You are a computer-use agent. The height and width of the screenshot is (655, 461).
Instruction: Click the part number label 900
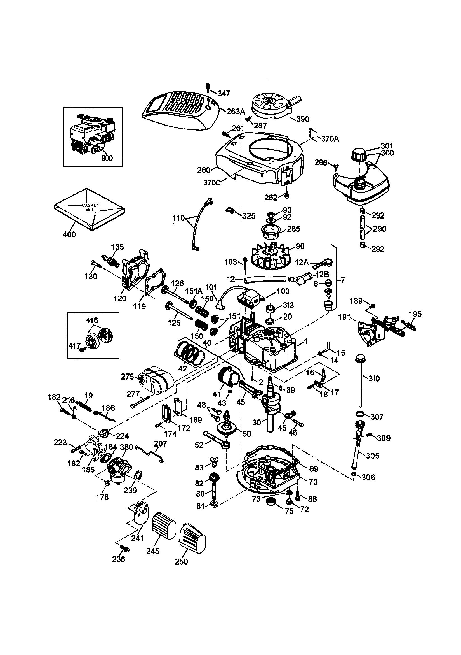pyautogui.click(x=107, y=158)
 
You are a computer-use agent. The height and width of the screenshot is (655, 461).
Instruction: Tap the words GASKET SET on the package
pyautogui.click(x=90, y=207)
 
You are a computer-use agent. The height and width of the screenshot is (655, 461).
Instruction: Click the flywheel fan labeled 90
pyautogui.click(x=271, y=255)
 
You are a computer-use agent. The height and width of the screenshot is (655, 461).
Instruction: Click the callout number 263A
pyautogui.click(x=236, y=112)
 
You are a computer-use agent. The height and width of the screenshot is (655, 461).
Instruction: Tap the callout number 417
pyautogui.click(x=74, y=346)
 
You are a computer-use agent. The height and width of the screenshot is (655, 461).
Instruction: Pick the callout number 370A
pyautogui.click(x=330, y=139)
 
